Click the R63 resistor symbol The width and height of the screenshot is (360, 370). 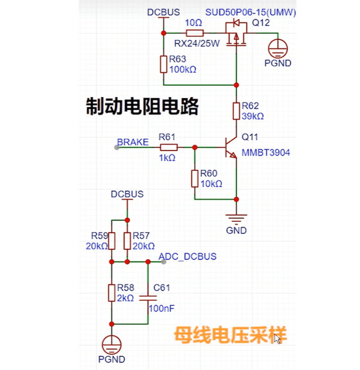point(163,64)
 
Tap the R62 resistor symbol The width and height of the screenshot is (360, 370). point(236,111)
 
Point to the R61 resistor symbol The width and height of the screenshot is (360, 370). point(169,148)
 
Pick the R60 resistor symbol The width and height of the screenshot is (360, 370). point(195,178)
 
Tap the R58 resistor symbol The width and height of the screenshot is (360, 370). point(111,293)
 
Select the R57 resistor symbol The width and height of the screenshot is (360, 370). point(127,240)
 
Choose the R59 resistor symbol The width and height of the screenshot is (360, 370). point(111,240)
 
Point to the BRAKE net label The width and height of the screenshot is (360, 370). point(133,142)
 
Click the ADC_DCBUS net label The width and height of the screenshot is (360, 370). point(187,256)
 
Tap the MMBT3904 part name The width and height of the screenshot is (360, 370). point(266,152)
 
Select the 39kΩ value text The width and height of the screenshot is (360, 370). point(253,116)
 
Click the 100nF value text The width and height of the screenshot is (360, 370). point(162,308)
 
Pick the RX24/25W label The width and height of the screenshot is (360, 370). point(197,43)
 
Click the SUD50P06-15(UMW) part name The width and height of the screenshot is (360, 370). point(251,13)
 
